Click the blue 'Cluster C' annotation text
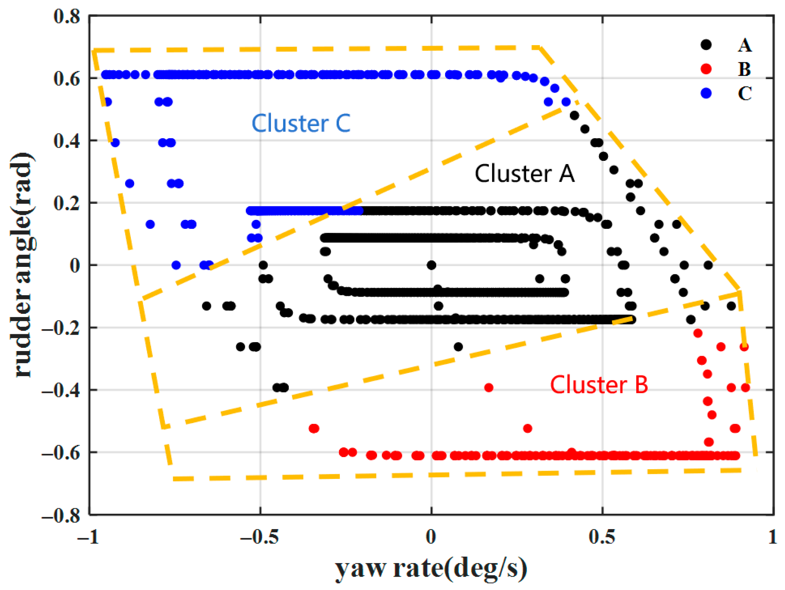click(301, 123)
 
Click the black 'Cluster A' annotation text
click(524, 174)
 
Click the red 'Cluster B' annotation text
click(599, 385)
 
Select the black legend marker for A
click(706, 44)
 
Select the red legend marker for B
click(706, 69)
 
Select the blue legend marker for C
click(706, 93)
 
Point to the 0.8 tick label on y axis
click(67, 16)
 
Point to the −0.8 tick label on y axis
click(61, 516)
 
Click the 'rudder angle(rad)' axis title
click(22, 265)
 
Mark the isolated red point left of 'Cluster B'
click(489, 388)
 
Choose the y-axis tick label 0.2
click(67, 203)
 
